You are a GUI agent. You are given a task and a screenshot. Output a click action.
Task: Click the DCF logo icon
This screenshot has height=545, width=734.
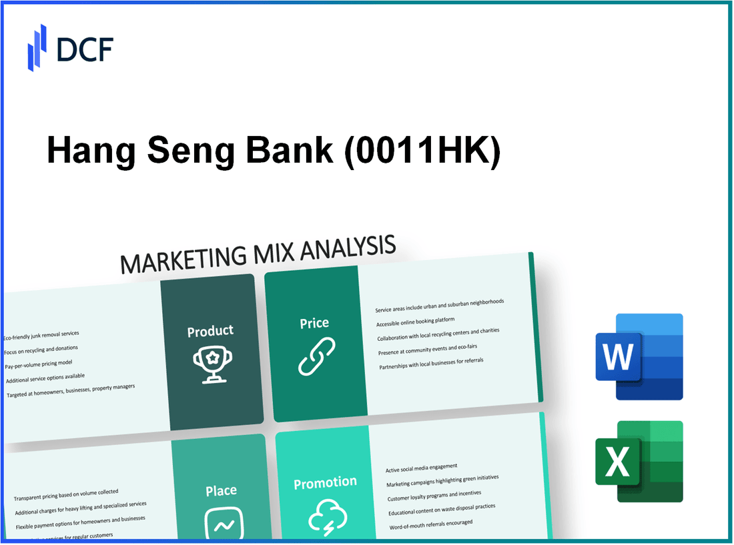point(37,47)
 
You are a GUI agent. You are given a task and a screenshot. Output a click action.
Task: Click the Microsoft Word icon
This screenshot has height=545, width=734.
point(639,357)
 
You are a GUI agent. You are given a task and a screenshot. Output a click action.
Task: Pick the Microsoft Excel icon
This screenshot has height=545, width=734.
point(639,461)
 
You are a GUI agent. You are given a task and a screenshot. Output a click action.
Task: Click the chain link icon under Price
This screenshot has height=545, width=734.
point(316,356)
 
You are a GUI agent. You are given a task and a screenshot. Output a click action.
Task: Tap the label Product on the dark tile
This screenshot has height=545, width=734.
point(210,331)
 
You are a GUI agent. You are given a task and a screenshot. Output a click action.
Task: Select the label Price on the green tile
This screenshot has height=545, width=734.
point(314,323)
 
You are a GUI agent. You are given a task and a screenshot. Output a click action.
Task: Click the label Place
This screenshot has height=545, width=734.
point(221,491)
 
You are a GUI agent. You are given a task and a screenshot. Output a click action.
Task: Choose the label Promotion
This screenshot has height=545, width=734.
point(325,482)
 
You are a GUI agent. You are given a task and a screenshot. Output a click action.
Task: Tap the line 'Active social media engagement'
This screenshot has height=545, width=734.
point(421,468)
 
